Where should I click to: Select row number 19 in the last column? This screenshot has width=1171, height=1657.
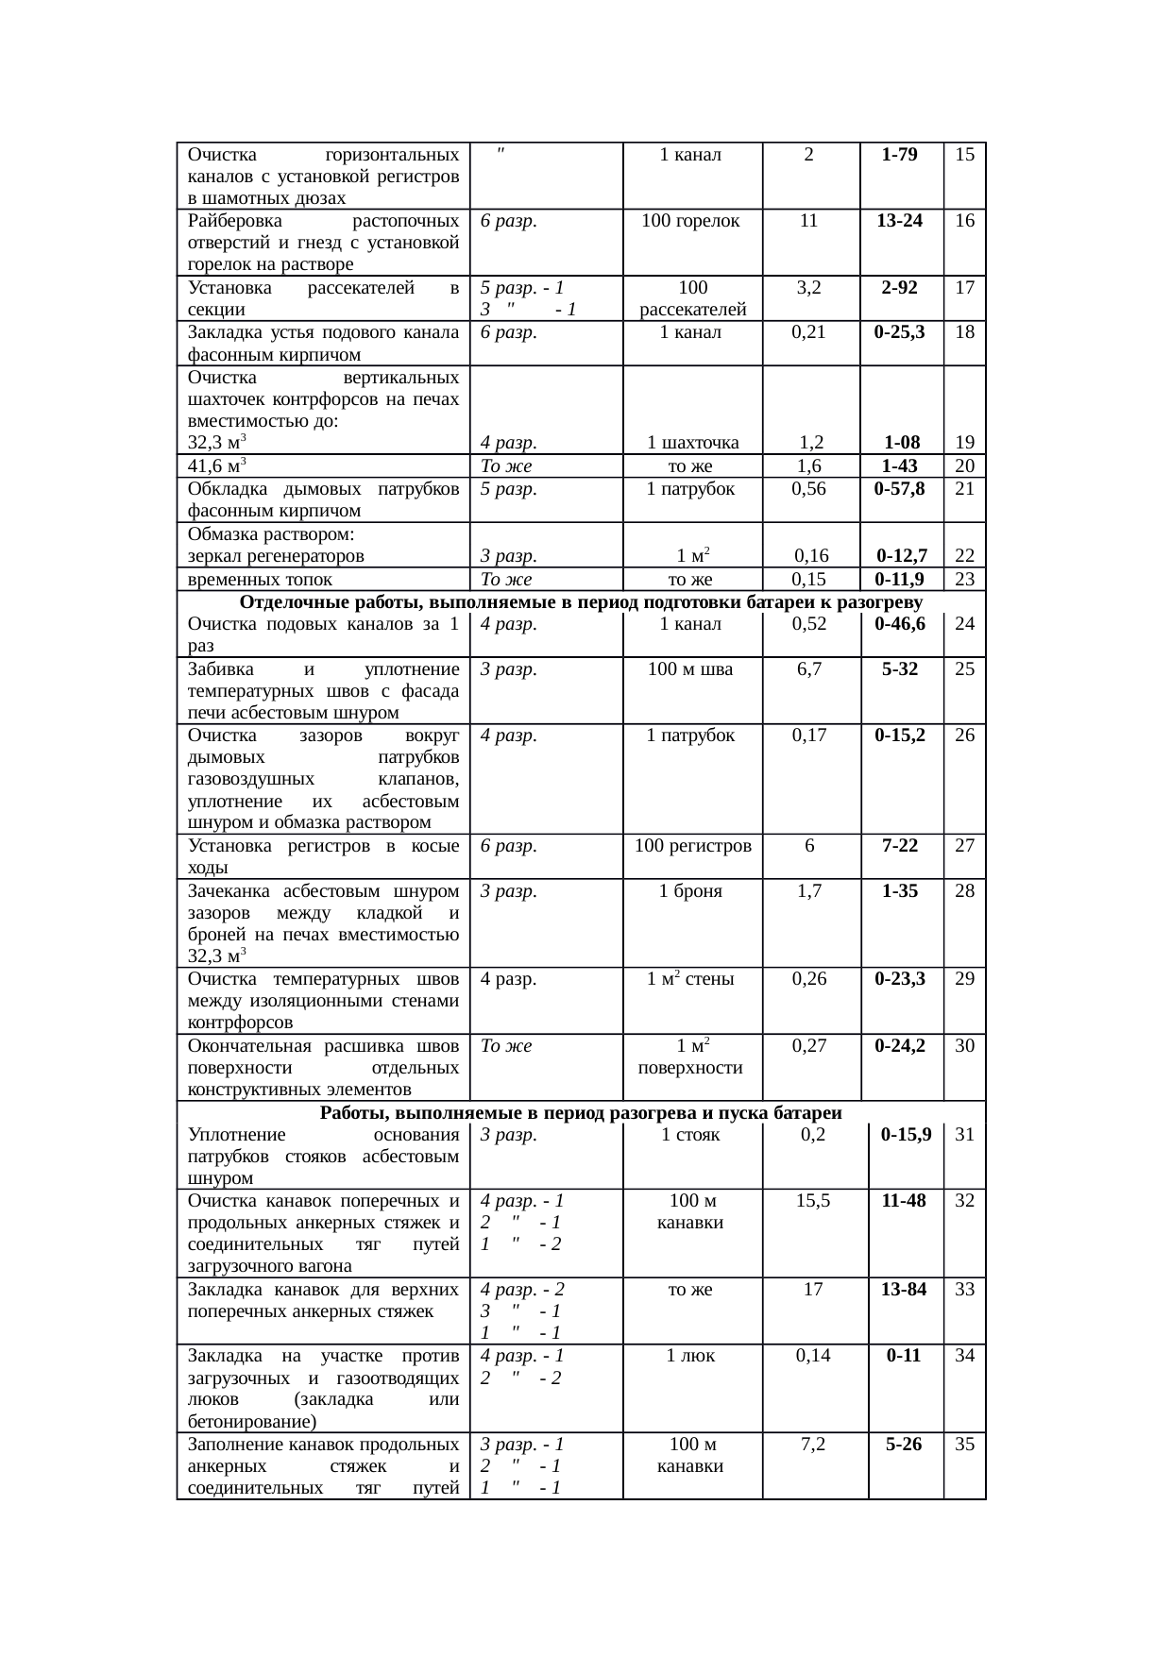click(964, 442)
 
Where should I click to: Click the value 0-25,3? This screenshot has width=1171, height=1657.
click(899, 331)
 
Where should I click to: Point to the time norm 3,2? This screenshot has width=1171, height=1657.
click(808, 288)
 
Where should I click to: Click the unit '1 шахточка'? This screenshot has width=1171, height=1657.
click(692, 442)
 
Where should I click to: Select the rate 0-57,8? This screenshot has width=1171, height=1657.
click(899, 488)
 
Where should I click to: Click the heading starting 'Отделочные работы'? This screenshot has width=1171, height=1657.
click(580, 602)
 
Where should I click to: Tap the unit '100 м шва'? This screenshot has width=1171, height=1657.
click(692, 668)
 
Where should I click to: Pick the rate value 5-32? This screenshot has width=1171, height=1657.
click(899, 668)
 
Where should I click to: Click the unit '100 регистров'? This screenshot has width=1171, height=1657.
click(692, 845)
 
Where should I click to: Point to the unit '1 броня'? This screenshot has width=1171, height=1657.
click(692, 890)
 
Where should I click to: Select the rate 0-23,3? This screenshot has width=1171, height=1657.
click(899, 979)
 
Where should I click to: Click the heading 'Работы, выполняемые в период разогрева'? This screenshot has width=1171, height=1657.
click(580, 1112)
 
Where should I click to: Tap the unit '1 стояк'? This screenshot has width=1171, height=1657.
click(692, 1135)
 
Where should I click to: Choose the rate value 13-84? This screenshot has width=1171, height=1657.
click(904, 1289)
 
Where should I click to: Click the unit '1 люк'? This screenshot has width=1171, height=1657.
click(692, 1356)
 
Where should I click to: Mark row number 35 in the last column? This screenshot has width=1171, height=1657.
click(964, 1444)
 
